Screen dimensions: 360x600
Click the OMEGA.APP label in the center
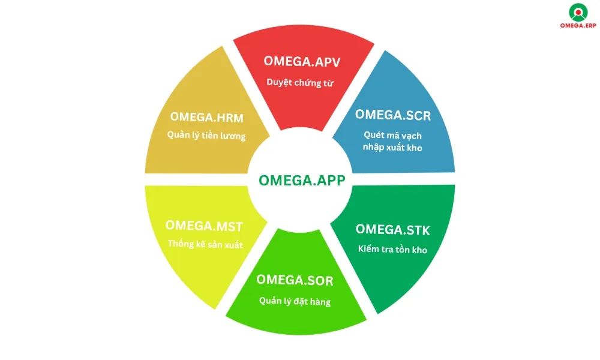[302, 181]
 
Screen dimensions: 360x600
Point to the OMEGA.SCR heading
[393, 115]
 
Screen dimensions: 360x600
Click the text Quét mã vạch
[393, 136]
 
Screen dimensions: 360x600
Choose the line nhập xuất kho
[393, 148]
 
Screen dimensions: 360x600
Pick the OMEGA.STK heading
[393, 230]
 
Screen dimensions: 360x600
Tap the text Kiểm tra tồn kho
[393, 250]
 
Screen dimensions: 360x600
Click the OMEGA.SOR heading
[295, 280]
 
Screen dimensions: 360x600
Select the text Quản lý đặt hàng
[295, 301]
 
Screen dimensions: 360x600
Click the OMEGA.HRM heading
[206, 116]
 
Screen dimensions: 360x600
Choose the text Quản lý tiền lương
[206, 136]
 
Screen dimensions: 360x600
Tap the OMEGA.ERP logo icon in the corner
[577, 12]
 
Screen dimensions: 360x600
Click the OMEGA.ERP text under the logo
[577, 26]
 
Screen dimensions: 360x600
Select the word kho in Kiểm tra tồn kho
[419, 250]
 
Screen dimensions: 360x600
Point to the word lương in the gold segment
[232, 136]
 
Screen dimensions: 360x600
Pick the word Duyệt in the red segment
[280, 82]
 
